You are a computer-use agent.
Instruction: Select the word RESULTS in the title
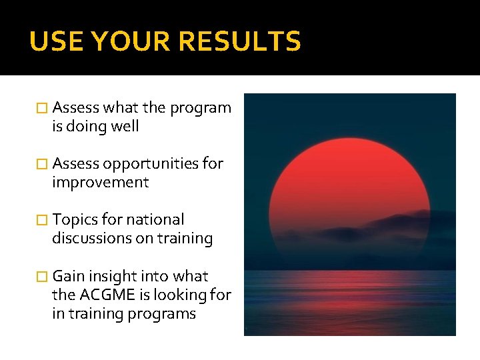(x=241, y=42)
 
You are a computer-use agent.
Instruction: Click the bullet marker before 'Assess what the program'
(x=43, y=108)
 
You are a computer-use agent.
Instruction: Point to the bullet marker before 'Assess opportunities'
(x=43, y=164)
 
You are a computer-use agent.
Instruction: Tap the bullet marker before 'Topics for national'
(x=43, y=220)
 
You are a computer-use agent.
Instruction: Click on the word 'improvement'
(x=100, y=183)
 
